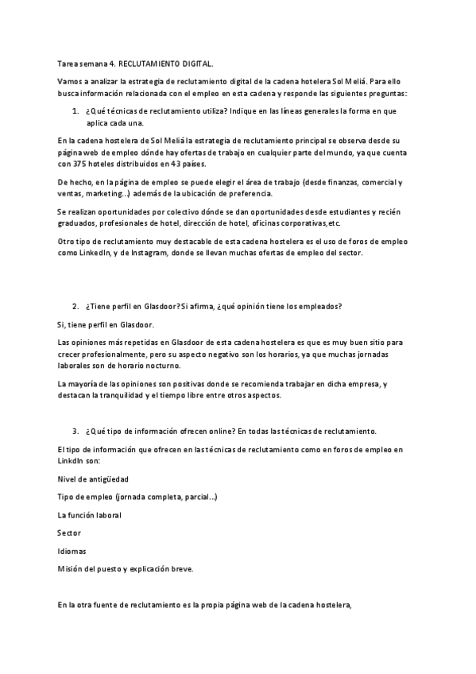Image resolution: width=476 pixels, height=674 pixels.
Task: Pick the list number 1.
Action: [x=75, y=111]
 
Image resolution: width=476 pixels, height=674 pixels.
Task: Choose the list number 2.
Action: [x=75, y=307]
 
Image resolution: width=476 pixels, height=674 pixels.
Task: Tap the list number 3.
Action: [x=75, y=431]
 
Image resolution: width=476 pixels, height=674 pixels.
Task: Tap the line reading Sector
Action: [x=69, y=533]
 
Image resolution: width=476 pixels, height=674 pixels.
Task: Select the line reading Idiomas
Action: [x=72, y=551]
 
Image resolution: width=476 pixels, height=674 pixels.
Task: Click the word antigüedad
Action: [x=107, y=479]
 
